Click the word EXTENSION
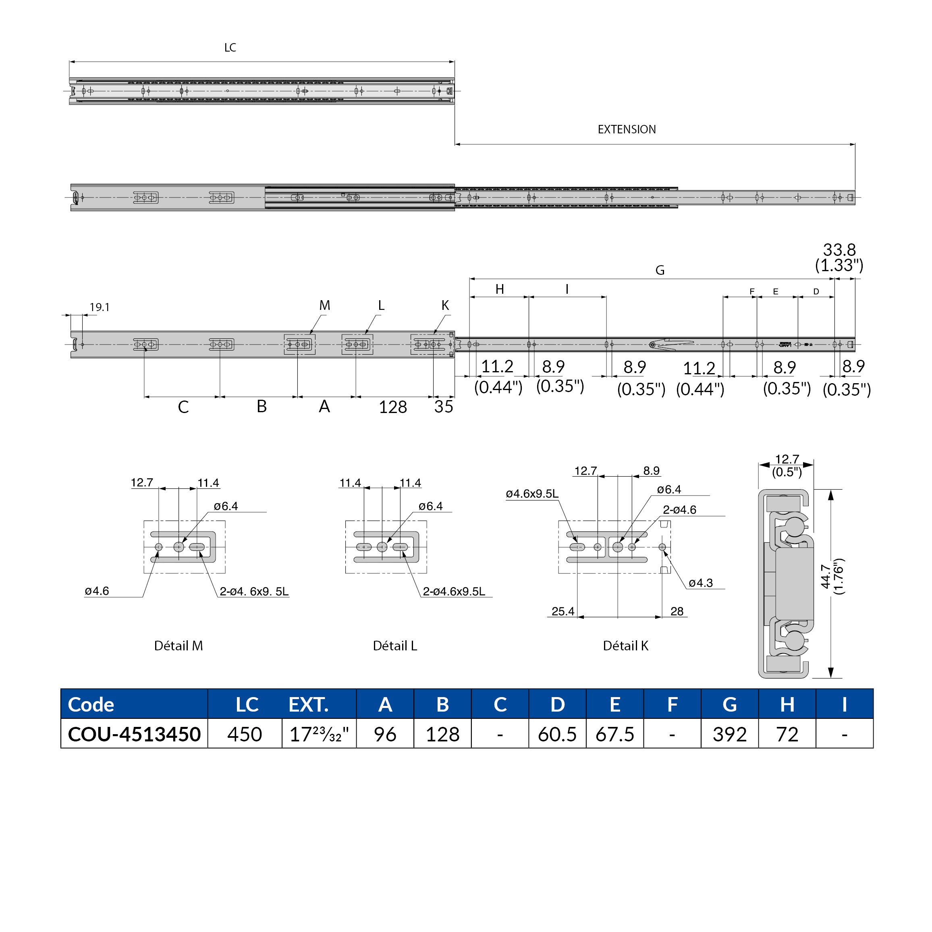point(626,129)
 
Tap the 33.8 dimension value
point(839,249)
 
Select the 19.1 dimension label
point(100,307)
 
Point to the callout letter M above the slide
point(325,305)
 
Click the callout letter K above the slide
point(445,305)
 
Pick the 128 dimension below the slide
point(393,407)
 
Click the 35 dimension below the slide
point(443,407)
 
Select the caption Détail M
point(179,646)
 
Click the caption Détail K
point(625,646)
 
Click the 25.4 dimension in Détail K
point(563,611)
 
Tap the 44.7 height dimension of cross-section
point(825,577)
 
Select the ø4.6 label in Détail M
point(97,591)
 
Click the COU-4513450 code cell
point(134,734)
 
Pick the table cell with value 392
point(729,734)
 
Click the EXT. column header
point(308,704)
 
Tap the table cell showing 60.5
point(557,734)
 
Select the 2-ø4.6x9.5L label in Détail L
point(454,592)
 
